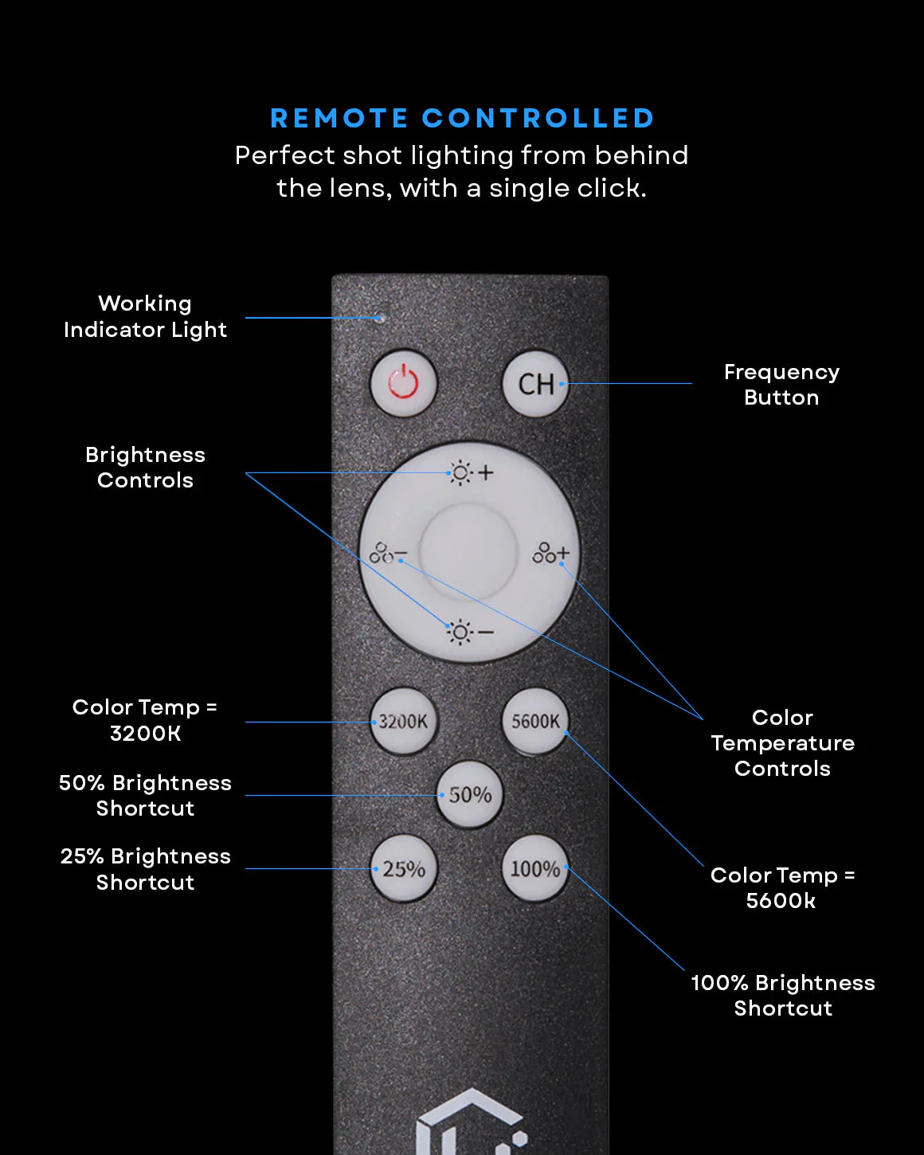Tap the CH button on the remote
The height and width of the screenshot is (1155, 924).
click(x=536, y=384)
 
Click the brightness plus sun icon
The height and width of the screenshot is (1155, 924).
click(x=471, y=472)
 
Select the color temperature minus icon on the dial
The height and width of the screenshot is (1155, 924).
click(x=388, y=553)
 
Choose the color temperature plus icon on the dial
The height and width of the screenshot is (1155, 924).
click(x=550, y=553)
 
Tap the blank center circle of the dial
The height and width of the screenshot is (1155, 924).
click(x=469, y=550)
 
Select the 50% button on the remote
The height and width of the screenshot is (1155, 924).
click(x=470, y=795)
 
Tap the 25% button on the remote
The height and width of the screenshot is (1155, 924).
click(x=404, y=869)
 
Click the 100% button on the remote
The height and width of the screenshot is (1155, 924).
click(x=535, y=869)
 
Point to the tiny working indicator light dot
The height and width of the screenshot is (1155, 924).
click(x=381, y=318)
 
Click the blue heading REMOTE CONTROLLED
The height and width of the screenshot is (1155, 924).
click(x=462, y=119)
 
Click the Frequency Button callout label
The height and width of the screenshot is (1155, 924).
click(x=781, y=385)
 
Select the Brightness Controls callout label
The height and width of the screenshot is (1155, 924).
click(x=145, y=468)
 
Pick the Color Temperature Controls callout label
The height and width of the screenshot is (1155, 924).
click(x=782, y=743)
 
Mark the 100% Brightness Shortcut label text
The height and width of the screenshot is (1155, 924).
click(x=782, y=996)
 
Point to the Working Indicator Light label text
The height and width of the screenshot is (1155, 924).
click(x=145, y=316)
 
